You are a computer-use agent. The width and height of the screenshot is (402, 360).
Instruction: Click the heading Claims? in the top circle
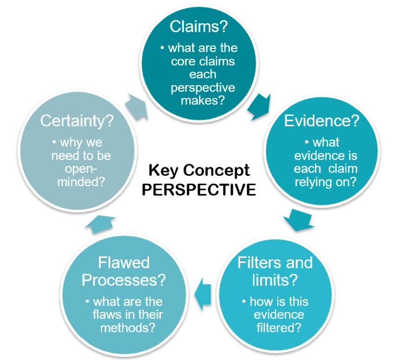199,26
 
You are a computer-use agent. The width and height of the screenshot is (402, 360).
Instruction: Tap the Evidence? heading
322,120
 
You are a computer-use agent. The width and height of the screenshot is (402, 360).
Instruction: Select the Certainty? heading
77,121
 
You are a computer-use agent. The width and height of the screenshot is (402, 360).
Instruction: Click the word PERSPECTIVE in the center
199,190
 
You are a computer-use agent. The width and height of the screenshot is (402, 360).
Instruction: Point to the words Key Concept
199,170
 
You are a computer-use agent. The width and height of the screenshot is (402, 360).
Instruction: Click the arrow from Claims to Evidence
259,106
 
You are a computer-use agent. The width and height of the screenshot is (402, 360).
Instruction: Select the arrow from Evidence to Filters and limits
299,220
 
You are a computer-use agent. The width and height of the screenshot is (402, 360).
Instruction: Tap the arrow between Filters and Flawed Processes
203,294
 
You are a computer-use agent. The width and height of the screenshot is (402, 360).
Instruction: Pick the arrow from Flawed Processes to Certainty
100,224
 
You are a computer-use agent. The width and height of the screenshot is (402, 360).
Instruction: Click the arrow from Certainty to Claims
137,107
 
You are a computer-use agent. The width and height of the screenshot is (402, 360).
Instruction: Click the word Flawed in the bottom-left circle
124,262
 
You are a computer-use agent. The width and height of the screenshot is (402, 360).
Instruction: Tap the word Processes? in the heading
124,280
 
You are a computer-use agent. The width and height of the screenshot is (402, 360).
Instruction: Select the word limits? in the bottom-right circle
275,280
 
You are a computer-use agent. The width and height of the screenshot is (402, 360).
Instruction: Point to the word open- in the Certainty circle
81,169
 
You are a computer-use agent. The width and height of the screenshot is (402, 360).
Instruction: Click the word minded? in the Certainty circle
81,182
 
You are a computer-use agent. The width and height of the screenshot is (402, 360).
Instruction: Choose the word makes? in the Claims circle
202,100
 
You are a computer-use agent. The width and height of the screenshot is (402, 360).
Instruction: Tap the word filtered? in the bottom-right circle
279,328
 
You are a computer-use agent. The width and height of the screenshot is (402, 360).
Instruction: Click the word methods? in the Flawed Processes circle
128,328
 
